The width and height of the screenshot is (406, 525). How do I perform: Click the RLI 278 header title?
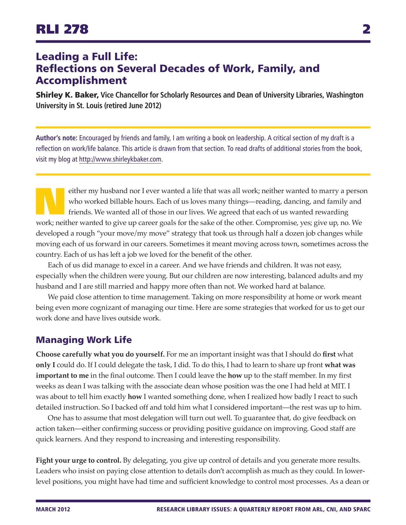tap(62, 29)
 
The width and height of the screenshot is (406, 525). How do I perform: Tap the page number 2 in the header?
tap(366, 29)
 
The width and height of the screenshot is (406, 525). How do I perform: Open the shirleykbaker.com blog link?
tap(120, 159)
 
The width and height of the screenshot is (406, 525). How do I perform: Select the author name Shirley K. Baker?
tap(67, 95)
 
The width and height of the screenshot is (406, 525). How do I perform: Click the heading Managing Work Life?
tap(84, 340)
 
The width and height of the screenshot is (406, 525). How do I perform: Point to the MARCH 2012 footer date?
tap(53, 509)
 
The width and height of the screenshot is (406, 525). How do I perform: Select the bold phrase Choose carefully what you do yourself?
tap(100, 354)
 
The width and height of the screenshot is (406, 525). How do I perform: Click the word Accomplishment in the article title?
tap(81, 80)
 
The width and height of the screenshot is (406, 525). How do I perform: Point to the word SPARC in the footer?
tap(362, 509)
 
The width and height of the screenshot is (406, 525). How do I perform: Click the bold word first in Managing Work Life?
tap(329, 354)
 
